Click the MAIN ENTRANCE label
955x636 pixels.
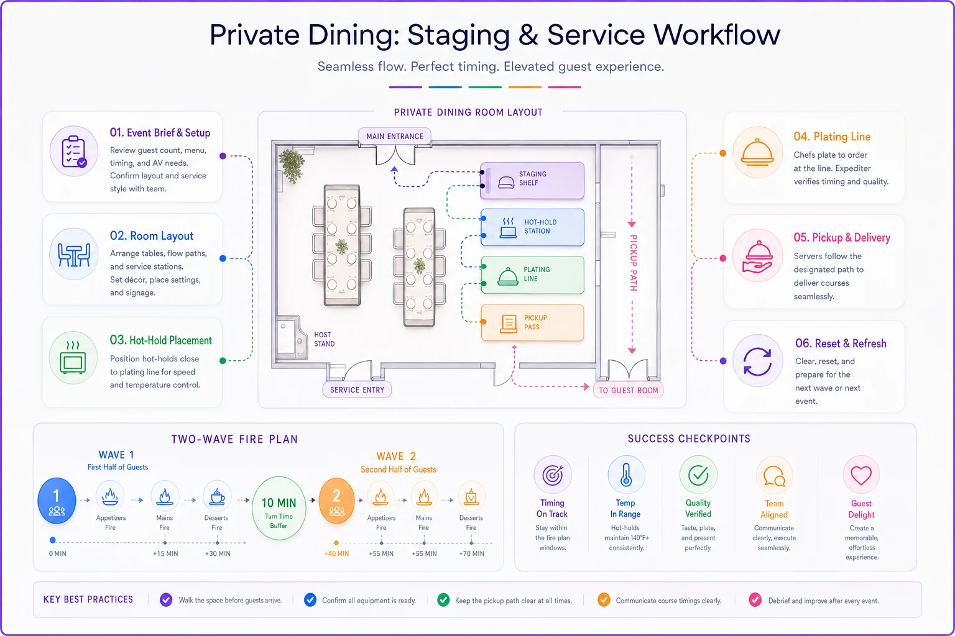pos(395,136)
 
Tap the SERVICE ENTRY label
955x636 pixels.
pos(358,390)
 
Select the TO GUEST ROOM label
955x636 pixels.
pos(629,390)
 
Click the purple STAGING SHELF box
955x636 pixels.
pos(532,180)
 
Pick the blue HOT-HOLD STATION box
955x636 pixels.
pos(532,227)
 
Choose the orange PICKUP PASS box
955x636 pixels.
pos(532,322)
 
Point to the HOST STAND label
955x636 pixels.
pos(325,339)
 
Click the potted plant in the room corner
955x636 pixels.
pos(292,165)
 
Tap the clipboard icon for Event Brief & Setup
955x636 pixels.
pos(74,151)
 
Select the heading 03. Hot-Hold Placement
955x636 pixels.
pos(161,340)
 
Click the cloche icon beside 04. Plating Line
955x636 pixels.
pos(757,153)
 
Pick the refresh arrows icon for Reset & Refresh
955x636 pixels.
pos(758,361)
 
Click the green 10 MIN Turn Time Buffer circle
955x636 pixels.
pos(279,508)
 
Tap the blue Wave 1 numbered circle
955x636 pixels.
pos(57,501)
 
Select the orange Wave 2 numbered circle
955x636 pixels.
pos(337,501)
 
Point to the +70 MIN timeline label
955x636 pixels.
pos(471,553)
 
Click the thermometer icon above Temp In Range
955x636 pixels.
pos(626,475)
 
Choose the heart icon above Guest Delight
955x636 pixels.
pos(860,475)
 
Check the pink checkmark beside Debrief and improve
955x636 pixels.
pos(755,600)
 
